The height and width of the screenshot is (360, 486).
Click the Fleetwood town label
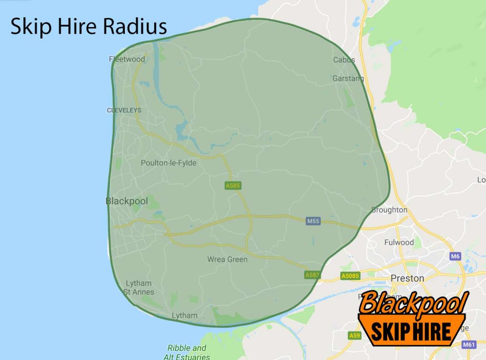tap(127, 59)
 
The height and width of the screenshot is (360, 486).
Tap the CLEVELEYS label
tap(124, 110)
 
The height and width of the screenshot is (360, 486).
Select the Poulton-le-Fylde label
tap(168, 163)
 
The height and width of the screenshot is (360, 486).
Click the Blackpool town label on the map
tap(126, 201)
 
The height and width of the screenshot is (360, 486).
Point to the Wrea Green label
tap(227, 259)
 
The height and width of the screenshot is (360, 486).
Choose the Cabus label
tap(344, 60)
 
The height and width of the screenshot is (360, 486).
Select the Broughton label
tap(389, 210)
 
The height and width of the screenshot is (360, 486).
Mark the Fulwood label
tap(399, 243)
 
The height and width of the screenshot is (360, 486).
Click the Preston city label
tap(407, 278)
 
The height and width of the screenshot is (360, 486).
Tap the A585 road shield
tap(233, 186)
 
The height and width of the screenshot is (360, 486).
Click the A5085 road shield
tap(351, 275)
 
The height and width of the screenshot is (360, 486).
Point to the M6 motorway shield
tap(456, 256)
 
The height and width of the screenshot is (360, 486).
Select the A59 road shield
tap(354, 336)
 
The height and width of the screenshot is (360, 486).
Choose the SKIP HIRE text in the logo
tap(410, 331)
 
